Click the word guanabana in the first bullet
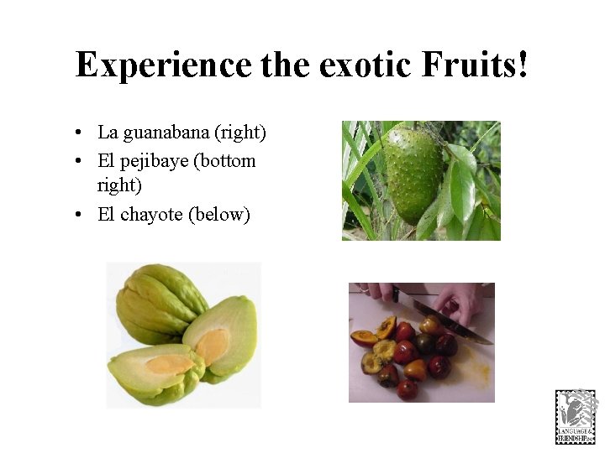[x=166, y=133]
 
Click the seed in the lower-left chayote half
[x=169, y=364]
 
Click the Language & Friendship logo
[x=576, y=417]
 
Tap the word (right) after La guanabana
[x=240, y=133]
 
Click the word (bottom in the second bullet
[x=224, y=160]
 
